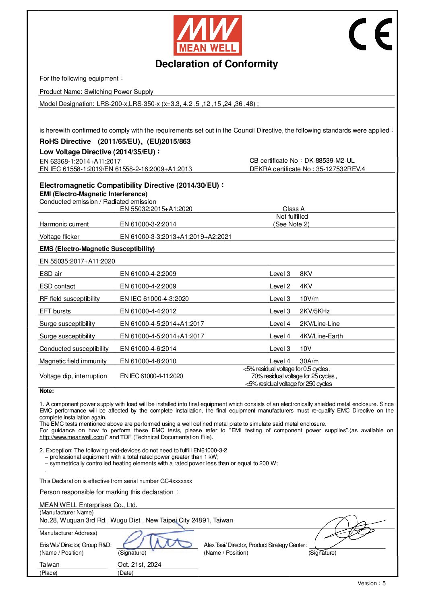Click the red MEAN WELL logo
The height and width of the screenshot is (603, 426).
pyautogui.click(x=207, y=35)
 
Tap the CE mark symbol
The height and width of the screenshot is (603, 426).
pyautogui.click(x=370, y=34)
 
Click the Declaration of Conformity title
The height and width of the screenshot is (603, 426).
pyautogui.click(x=216, y=64)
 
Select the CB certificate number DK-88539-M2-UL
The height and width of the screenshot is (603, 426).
pyautogui.click(x=329, y=160)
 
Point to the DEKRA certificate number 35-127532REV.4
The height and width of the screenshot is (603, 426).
pyautogui.click(x=340, y=169)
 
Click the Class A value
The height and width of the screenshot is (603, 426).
pyautogui.click(x=293, y=209)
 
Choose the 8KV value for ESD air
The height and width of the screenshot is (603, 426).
pyautogui.click(x=306, y=274)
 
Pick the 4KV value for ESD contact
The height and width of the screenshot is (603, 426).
pyautogui.click(x=306, y=286)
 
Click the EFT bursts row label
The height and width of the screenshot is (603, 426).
pyautogui.click(x=55, y=311)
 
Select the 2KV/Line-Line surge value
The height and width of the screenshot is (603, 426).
pyautogui.click(x=319, y=323)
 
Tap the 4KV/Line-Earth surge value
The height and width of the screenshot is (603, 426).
pyautogui.click(x=321, y=336)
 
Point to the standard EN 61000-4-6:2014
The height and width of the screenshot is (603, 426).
pyautogui.click(x=148, y=348)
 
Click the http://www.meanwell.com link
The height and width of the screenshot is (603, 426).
pyautogui.click(x=72, y=437)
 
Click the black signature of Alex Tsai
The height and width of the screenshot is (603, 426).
pyautogui.click(x=348, y=531)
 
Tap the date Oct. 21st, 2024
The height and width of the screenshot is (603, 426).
pyautogui.click(x=139, y=564)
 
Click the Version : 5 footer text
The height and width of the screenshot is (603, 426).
pyautogui.click(x=371, y=583)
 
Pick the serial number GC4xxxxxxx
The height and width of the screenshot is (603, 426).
pyautogui.click(x=176, y=481)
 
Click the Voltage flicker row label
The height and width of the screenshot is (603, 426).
pyautogui.click(x=60, y=236)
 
